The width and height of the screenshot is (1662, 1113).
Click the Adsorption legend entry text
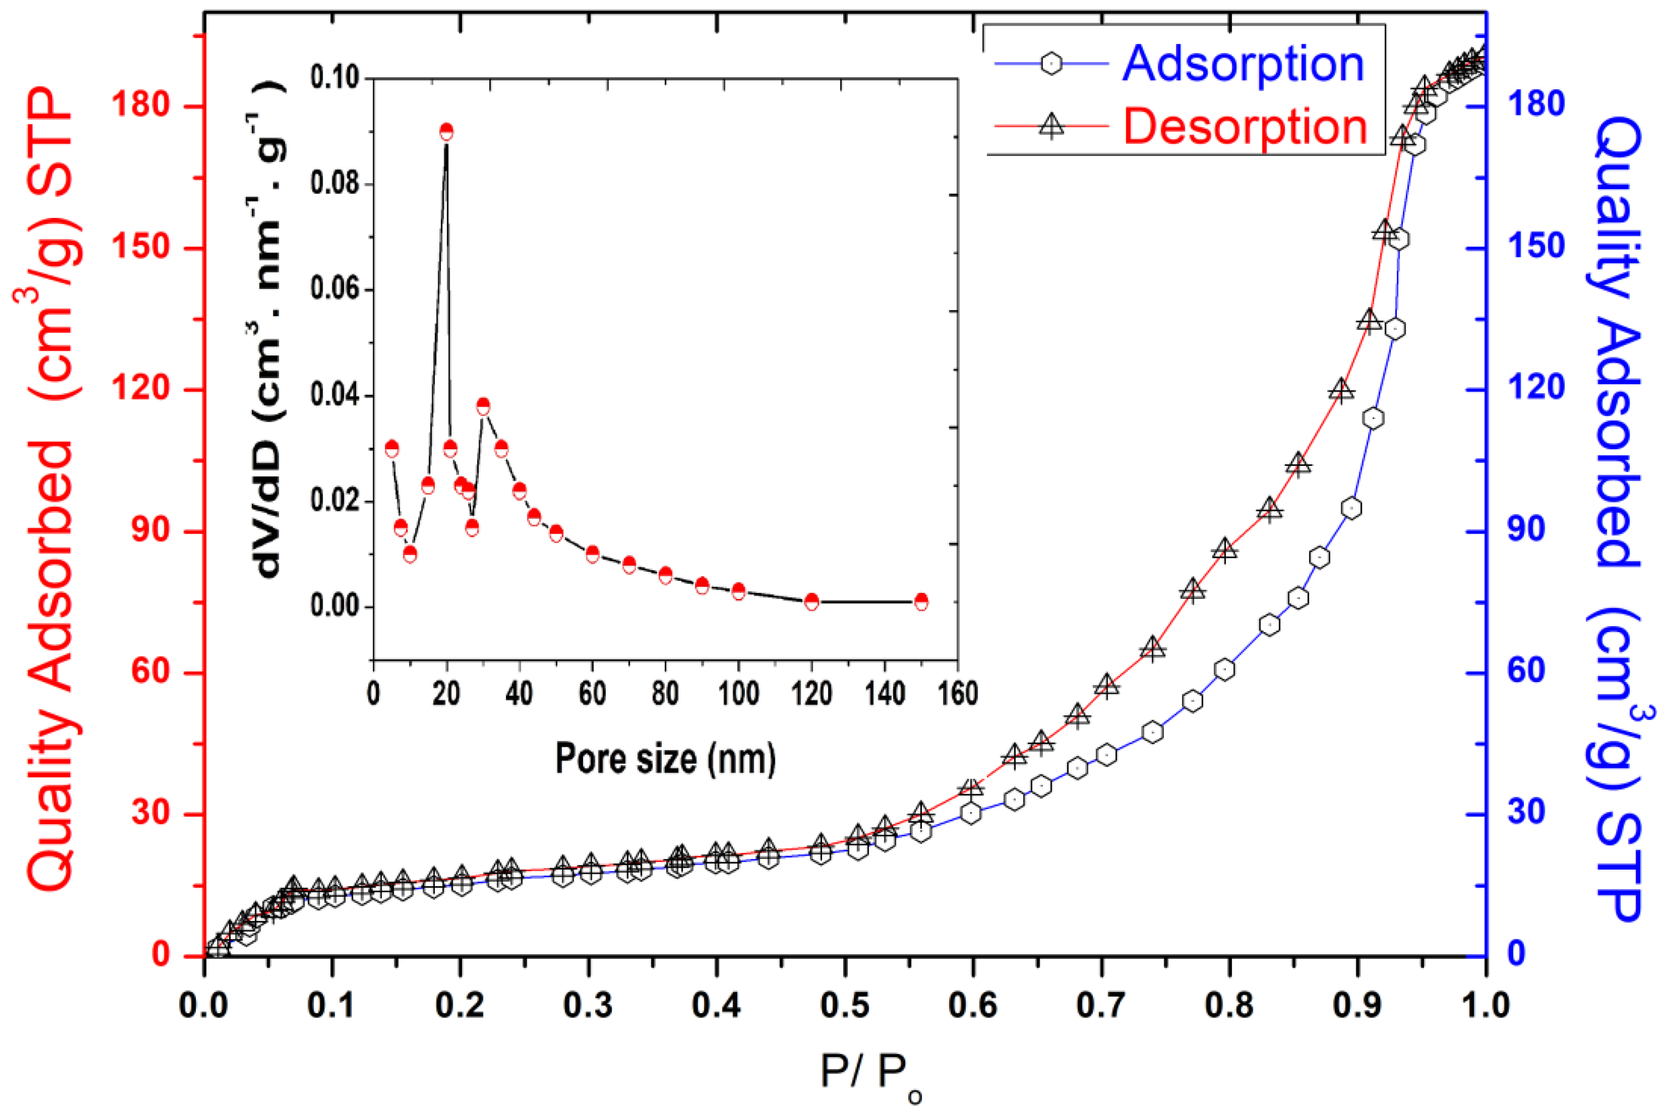coord(1243,64)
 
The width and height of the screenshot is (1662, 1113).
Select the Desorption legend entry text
coord(1244,127)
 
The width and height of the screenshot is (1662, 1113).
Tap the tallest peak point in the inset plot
coord(447,131)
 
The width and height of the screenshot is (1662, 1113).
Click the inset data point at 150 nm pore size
coord(921,601)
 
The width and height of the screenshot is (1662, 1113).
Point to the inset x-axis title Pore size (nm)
coord(665,759)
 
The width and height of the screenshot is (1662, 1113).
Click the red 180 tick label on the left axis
coord(141,106)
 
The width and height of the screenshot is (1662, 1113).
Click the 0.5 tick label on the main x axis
coord(844,1005)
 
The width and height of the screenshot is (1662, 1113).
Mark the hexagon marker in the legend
coord(1051,64)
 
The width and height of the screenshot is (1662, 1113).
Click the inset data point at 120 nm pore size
coord(812,601)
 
